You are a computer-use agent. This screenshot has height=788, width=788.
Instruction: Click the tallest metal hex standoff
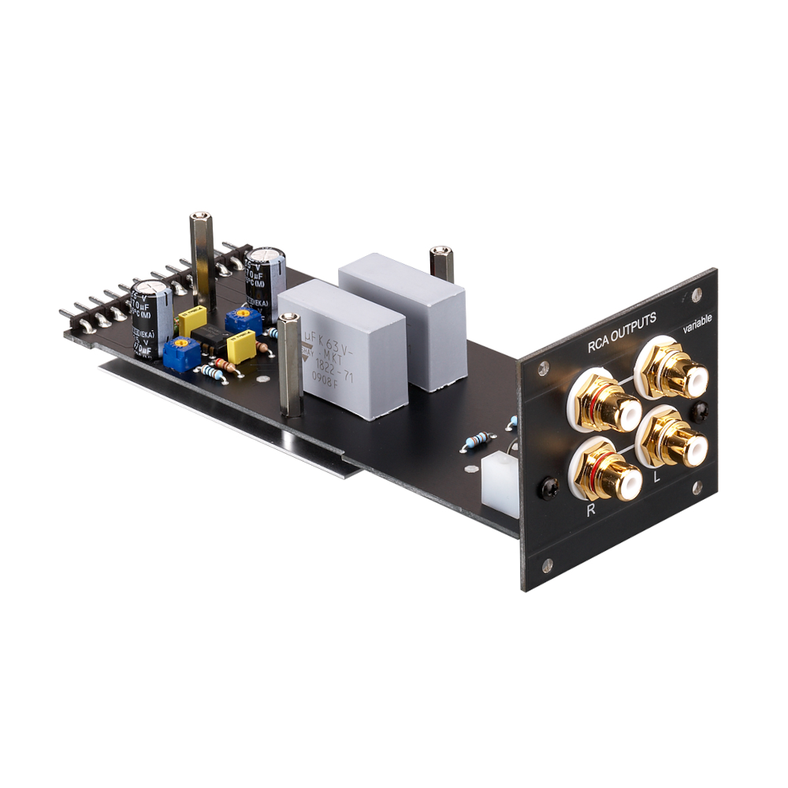click(202, 260)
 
